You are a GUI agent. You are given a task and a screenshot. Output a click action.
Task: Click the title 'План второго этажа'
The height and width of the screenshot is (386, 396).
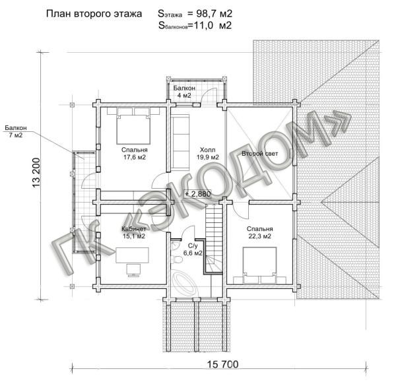coord(94,14)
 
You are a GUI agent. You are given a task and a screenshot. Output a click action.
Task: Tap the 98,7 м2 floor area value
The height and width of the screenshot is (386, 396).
coord(214,14)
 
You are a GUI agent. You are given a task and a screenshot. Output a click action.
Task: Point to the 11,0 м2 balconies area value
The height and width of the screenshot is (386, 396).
coord(213,25)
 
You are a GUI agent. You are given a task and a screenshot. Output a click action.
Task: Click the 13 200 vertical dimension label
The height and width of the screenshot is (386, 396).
coord(36,173)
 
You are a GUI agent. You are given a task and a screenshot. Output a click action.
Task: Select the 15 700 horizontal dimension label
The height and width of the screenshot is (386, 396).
coord(222,364)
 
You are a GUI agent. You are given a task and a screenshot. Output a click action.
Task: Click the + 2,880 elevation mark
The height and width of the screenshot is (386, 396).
coord(198,194)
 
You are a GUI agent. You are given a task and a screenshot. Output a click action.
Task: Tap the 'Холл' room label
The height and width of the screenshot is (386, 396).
coord(207,150)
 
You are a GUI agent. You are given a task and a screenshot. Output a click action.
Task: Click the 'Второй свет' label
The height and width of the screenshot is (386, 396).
coord(259,154)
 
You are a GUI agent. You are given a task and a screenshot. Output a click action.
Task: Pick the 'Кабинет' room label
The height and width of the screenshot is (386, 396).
coord(133,229)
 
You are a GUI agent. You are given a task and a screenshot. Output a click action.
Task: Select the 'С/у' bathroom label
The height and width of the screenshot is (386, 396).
coord(193,245)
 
